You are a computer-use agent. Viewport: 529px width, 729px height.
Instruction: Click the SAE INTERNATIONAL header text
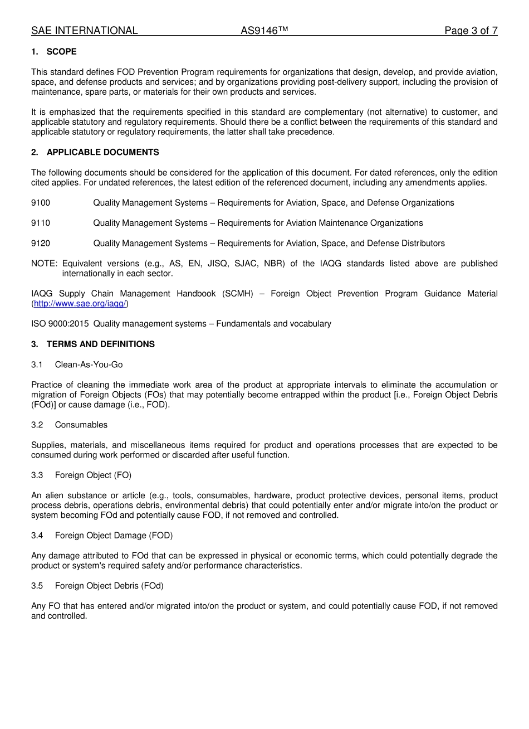[84, 31]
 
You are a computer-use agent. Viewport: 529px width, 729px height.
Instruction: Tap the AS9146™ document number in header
[264, 31]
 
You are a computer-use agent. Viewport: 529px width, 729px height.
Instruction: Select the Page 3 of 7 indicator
[471, 31]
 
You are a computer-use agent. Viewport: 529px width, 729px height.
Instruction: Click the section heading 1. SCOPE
[54, 52]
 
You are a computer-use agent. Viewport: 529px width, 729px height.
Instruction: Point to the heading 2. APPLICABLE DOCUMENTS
[95, 152]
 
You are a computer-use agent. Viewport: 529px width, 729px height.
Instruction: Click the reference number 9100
[41, 203]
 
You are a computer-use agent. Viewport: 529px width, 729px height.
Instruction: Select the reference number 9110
[41, 223]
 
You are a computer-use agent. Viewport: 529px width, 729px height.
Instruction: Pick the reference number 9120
[41, 244]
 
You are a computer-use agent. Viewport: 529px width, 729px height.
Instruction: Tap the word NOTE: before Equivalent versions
[45, 264]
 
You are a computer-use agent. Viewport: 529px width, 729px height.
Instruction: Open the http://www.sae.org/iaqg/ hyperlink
[80, 304]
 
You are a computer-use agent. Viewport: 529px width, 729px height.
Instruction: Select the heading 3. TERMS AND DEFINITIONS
[93, 344]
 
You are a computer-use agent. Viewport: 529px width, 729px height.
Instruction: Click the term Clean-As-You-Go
[89, 365]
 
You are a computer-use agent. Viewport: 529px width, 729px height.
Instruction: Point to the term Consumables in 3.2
[81, 425]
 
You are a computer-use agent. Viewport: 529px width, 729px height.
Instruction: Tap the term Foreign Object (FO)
[93, 475]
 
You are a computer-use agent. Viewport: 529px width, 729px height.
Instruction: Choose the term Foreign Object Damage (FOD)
[114, 536]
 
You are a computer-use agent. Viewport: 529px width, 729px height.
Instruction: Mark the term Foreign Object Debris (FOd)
[109, 586]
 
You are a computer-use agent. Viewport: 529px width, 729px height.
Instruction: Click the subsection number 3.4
[37, 536]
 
